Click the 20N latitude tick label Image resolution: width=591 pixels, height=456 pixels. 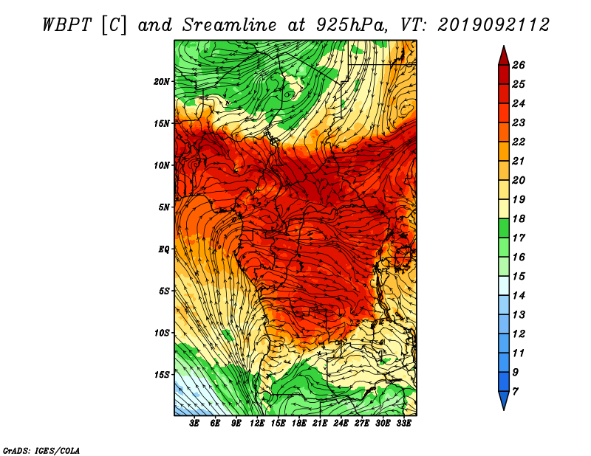click(x=161, y=82)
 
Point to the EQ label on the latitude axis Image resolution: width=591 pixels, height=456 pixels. click(x=163, y=249)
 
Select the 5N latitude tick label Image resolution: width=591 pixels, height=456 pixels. click(x=164, y=207)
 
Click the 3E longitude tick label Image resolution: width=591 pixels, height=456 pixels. click(x=194, y=424)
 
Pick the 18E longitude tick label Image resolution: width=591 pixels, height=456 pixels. click(x=299, y=424)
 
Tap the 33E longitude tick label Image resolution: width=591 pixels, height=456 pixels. click(x=403, y=424)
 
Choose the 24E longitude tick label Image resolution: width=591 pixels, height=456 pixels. click(x=341, y=424)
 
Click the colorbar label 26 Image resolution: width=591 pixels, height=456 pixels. click(x=519, y=65)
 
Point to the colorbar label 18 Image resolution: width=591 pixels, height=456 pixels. click(x=519, y=218)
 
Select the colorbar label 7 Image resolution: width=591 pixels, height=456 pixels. click(x=515, y=392)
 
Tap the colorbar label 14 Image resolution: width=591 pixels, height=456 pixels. click(x=519, y=296)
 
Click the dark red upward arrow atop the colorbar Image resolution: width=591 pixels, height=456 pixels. click(x=504, y=56)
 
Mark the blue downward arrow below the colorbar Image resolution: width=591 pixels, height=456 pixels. click(x=504, y=401)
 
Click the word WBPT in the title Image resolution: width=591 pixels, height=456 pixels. click(x=67, y=25)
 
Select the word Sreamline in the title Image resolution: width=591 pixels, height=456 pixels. click(x=230, y=25)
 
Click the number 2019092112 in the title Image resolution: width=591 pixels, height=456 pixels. click(x=493, y=25)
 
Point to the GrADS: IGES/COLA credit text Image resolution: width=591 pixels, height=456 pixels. click(x=41, y=451)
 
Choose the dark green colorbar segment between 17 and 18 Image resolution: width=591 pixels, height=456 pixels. click(x=504, y=228)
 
